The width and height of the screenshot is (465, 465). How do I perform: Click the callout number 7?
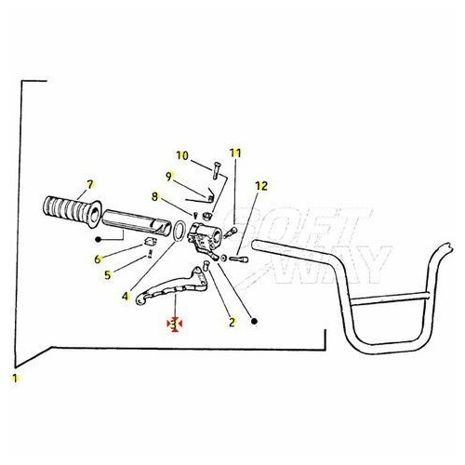tap(90, 185)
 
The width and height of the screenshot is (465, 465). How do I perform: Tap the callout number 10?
tap(182, 155)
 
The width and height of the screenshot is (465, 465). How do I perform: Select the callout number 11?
tap(235, 153)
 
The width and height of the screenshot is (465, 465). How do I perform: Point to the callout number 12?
tap(261, 186)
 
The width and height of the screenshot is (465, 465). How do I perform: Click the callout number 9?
tap(168, 177)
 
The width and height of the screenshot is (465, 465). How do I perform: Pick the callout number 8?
tap(154, 196)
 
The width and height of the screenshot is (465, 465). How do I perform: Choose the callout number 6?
tap(98, 259)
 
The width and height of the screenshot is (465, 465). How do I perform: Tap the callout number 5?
tap(107, 275)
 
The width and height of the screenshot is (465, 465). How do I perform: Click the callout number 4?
tap(125, 297)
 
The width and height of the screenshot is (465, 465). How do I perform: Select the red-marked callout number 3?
tap(174, 325)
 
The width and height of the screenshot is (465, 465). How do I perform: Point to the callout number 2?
tap(232, 322)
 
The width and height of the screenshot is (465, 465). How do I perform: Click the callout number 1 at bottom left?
tap(14, 379)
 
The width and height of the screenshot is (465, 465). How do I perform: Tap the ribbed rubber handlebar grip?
tap(72, 212)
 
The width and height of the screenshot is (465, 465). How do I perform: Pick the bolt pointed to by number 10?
tap(216, 170)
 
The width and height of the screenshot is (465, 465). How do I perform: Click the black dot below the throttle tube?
tap(99, 239)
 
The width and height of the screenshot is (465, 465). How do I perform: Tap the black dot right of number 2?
tap(255, 322)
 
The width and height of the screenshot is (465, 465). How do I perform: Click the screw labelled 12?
tap(238, 259)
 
